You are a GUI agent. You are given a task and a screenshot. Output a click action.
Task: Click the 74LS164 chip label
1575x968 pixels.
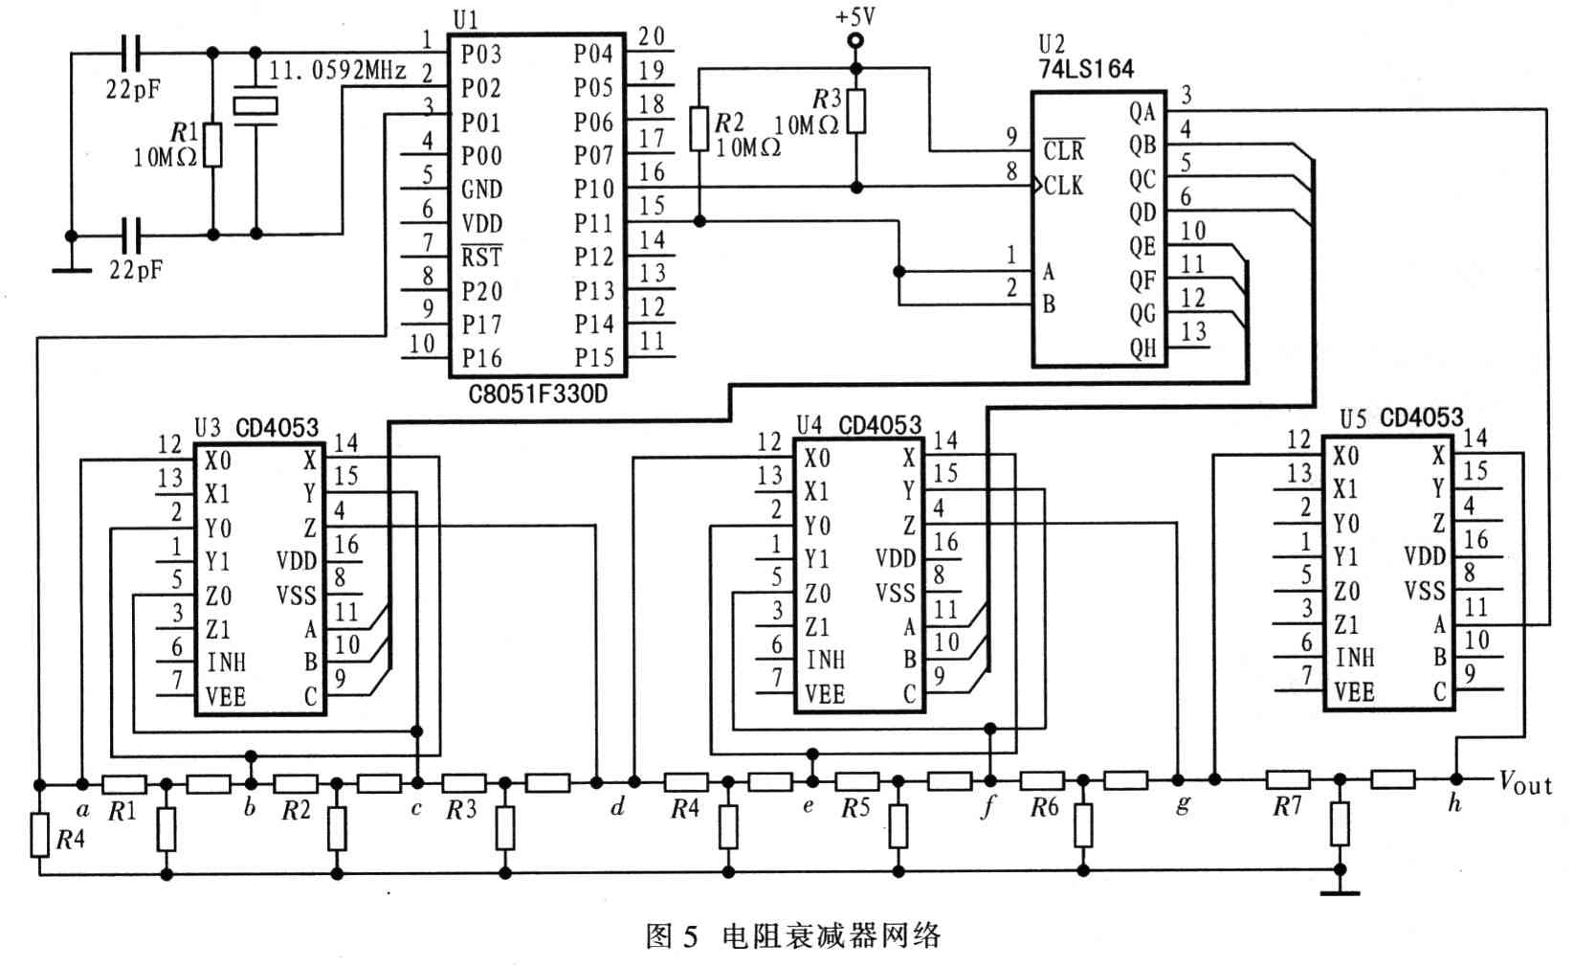1086,68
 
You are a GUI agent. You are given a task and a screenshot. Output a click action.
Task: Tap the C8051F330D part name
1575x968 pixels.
538,394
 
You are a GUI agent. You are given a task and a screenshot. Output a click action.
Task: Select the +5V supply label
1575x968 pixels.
854,16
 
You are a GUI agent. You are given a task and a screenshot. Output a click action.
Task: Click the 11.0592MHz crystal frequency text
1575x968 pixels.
338,70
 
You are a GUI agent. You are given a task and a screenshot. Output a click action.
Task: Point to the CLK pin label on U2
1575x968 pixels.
1063,185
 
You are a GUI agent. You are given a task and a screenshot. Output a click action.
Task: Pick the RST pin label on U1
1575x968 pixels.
481,257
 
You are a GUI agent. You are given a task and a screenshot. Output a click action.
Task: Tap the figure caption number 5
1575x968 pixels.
690,935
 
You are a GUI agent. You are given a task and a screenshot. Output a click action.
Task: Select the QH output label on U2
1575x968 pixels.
1142,348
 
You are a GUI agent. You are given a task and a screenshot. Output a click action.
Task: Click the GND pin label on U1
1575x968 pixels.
481,189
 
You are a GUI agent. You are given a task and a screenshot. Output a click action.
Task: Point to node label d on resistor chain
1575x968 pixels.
617,806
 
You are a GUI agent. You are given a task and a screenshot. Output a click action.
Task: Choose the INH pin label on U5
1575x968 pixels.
1354,657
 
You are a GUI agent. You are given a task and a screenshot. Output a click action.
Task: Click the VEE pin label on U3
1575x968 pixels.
225,696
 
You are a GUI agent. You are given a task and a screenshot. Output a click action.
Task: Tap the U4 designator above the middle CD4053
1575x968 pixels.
810,423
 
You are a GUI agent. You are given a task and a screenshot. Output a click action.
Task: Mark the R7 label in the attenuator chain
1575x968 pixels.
1287,806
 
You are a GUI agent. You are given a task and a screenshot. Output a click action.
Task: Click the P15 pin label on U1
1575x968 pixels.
593,358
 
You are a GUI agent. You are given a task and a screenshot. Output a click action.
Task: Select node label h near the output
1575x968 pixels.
1454,803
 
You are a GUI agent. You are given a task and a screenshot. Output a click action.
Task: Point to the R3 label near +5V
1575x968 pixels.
827,99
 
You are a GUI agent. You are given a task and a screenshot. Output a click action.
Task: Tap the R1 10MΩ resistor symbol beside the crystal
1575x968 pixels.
212,146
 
